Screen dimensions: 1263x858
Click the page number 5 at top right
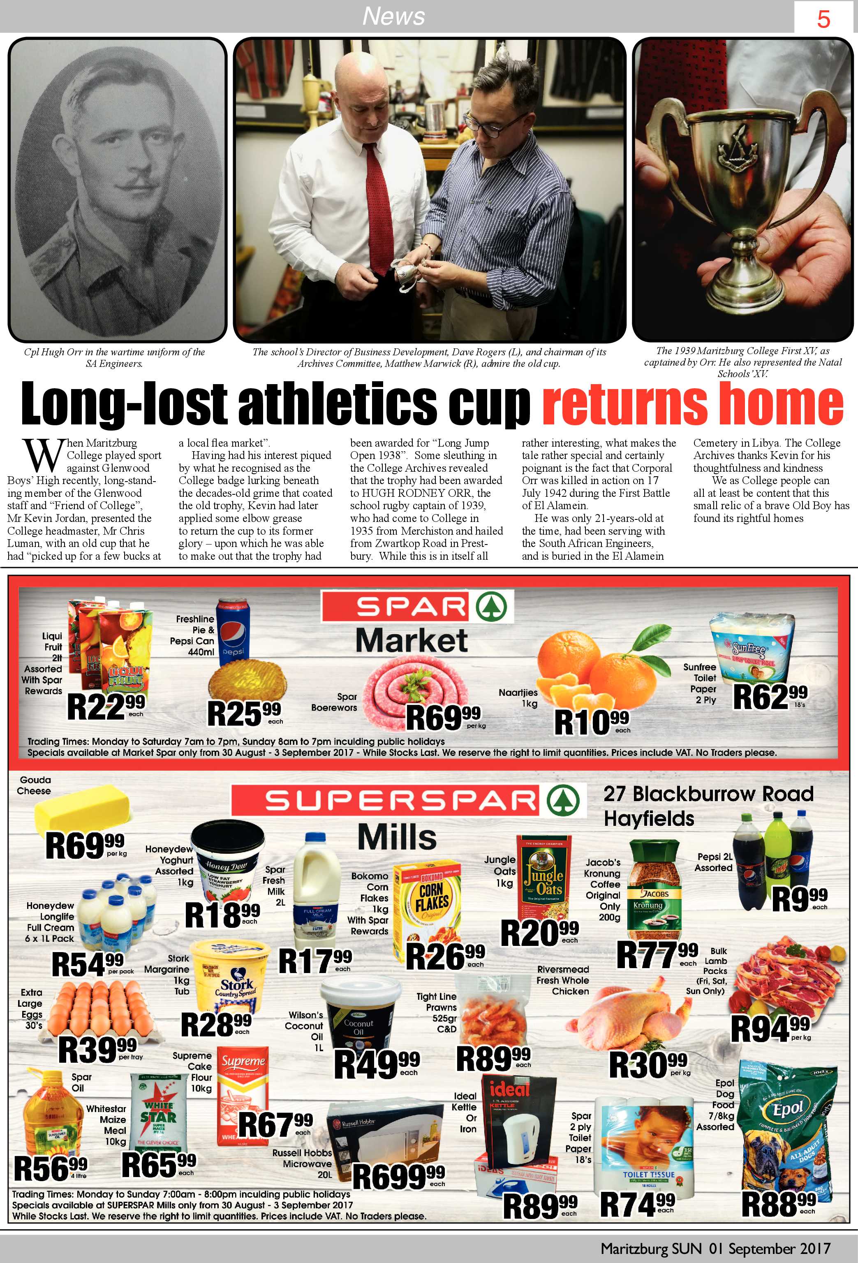[823, 20]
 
